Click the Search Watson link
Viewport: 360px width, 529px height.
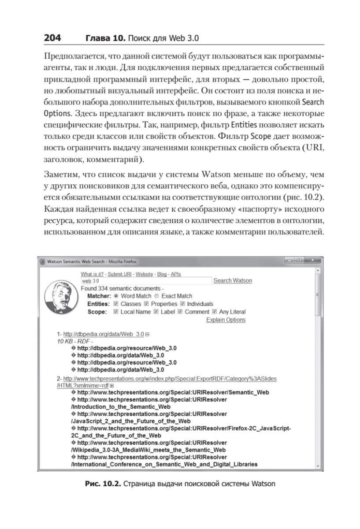tap(233, 281)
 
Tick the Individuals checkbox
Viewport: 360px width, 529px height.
tap(183, 304)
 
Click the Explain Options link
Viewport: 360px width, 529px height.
tap(226, 320)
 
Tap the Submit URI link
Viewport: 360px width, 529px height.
tap(119, 274)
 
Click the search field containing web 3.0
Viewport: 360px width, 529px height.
tap(145, 281)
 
